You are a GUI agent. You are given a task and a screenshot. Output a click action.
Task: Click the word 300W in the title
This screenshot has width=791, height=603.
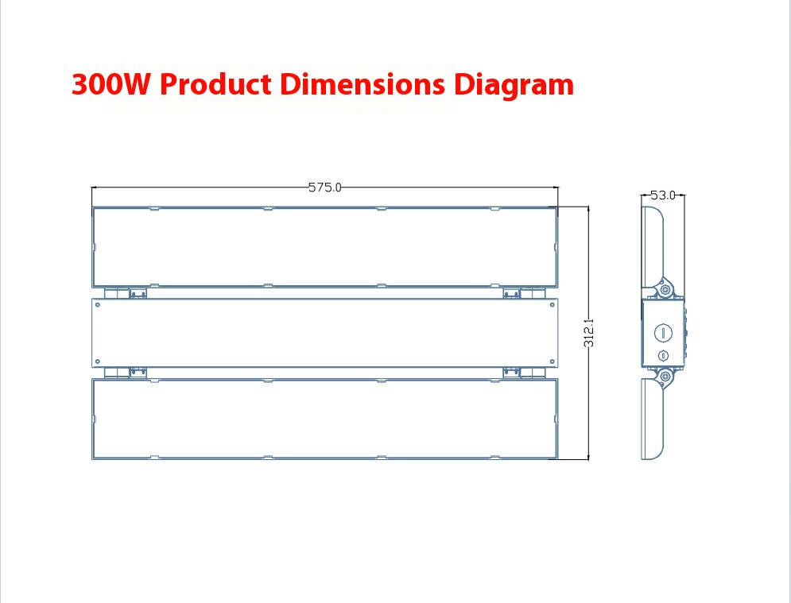pos(111,83)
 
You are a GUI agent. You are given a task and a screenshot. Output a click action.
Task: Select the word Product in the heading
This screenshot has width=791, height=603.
pos(215,83)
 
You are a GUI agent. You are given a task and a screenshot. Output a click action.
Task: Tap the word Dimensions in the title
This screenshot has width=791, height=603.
pos(363,83)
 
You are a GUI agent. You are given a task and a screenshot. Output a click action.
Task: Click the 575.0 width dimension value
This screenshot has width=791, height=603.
pos(325,187)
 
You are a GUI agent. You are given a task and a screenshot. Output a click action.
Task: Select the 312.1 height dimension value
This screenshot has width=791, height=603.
pos(589,333)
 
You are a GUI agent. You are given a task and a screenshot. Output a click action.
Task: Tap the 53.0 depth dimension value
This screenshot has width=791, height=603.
pos(663,195)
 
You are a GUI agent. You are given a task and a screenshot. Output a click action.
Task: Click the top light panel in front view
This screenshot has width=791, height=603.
pos(324,247)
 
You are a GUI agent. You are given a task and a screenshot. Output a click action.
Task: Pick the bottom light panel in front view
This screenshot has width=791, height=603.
pos(324,419)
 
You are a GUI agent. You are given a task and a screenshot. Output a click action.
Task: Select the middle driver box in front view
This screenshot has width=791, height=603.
pos(324,333)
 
